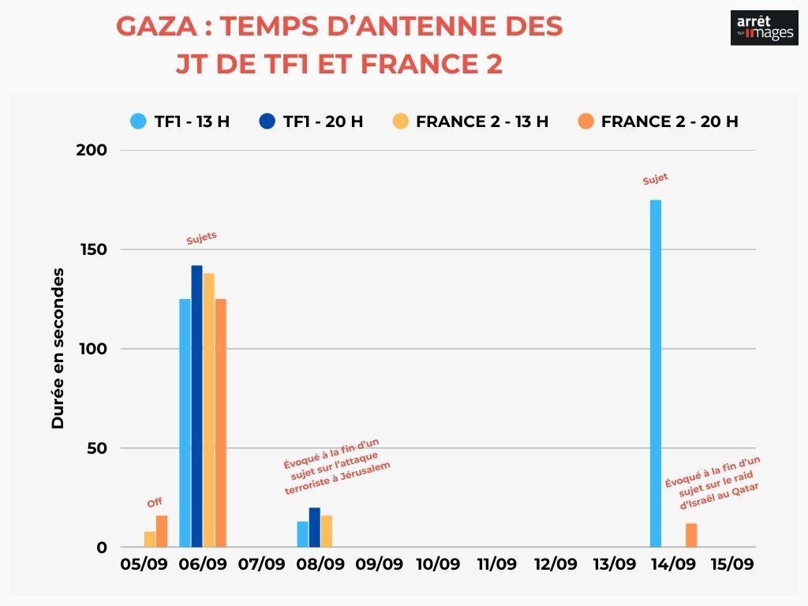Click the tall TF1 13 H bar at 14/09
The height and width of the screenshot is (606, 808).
click(x=656, y=373)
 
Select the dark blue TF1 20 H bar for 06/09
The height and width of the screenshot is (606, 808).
click(x=196, y=406)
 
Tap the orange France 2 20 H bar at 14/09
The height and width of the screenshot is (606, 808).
click(x=691, y=535)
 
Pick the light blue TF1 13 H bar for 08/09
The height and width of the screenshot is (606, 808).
click(x=302, y=534)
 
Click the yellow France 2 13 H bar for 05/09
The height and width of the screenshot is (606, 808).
click(x=150, y=540)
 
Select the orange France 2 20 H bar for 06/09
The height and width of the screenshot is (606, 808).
click(x=220, y=423)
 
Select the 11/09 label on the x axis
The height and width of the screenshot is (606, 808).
click(x=497, y=565)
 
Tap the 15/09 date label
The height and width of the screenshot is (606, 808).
click(x=732, y=565)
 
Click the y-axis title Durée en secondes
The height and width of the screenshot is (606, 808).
click(x=58, y=348)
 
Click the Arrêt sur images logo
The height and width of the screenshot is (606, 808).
click(x=764, y=28)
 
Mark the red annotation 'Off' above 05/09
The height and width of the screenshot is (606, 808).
click(x=155, y=503)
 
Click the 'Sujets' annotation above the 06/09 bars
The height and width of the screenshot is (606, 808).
click(x=201, y=238)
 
